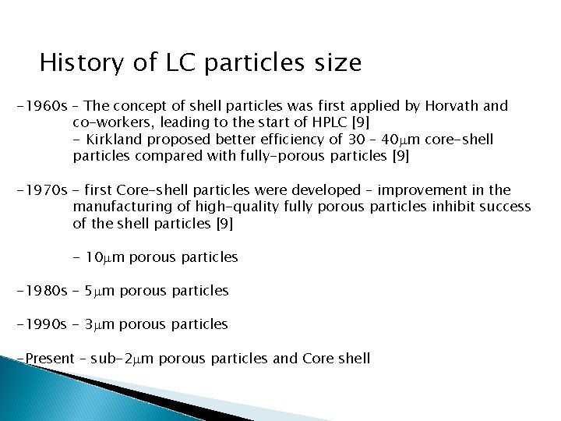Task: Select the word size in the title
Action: pyautogui.click(x=337, y=62)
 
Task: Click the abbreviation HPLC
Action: pyautogui.click(x=326, y=122)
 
